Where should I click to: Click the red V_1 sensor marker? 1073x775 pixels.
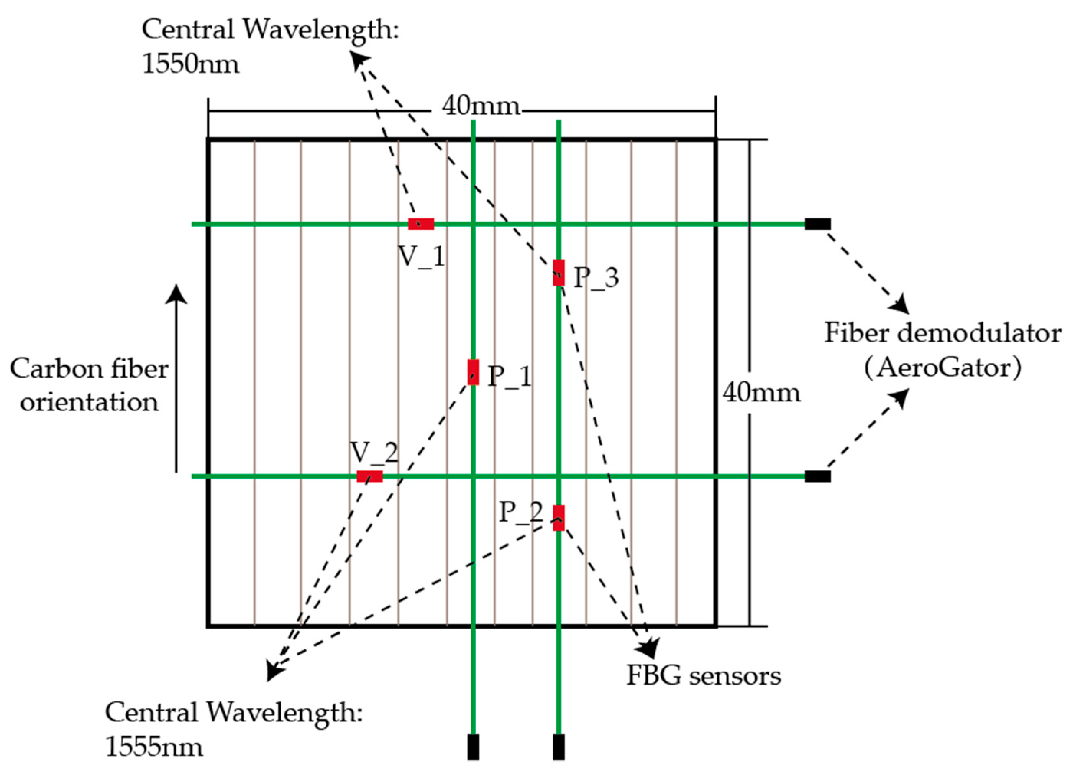[421, 224]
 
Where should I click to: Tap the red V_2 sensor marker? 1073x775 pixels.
[369, 476]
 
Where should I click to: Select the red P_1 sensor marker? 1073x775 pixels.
[473, 372]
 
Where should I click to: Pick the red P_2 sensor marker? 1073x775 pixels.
[559, 517]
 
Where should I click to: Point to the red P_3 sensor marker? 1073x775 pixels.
[559, 273]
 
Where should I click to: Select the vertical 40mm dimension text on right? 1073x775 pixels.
[761, 393]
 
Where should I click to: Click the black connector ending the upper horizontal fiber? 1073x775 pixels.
[817, 224]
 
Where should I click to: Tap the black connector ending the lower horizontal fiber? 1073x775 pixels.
[817, 476]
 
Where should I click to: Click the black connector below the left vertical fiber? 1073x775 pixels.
[473, 747]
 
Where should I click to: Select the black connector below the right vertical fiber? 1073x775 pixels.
[559, 747]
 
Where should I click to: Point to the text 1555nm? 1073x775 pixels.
[154, 747]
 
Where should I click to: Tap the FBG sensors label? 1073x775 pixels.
[704, 676]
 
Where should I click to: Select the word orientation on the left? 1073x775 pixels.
[89, 403]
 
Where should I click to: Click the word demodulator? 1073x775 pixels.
[979, 333]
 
